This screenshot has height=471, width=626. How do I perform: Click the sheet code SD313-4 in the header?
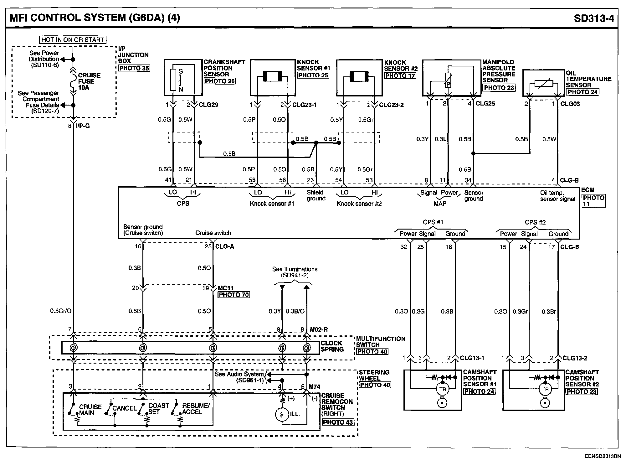[x=594, y=18]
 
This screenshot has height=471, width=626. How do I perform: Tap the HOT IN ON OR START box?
[x=73, y=40]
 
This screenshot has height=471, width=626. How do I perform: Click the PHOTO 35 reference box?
[x=134, y=68]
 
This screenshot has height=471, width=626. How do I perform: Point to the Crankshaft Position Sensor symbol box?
[x=183, y=78]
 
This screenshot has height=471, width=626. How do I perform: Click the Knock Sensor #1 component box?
[x=273, y=78]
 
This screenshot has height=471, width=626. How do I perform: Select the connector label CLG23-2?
[x=391, y=105]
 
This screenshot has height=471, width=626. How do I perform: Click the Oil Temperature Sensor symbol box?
[x=543, y=83]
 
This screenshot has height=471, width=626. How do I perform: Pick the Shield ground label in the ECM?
[x=316, y=195]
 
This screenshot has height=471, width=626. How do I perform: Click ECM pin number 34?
[x=468, y=180]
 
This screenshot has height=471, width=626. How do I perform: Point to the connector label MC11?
[x=225, y=288]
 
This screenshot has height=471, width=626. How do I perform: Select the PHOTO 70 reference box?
[x=233, y=295]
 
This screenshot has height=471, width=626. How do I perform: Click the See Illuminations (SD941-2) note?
[x=295, y=272]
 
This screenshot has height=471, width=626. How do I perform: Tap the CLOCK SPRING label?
[x=332, y=346]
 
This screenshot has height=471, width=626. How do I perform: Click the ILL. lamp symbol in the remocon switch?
[x=282, y=414]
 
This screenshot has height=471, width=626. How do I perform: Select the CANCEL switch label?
[x=124, y=408]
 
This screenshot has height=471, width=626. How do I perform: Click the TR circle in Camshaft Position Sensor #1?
[x=442, y=389]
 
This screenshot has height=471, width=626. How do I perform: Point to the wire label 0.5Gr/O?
[x=61, y=311]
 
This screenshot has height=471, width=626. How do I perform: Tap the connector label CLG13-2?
[x=575, y=358]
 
